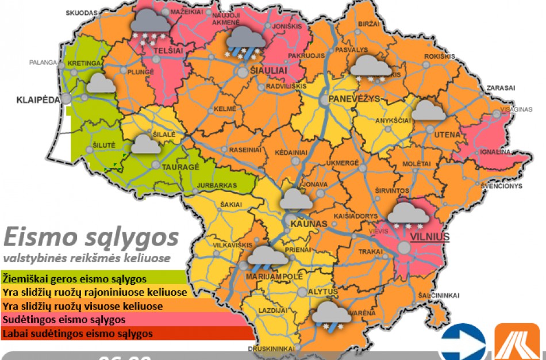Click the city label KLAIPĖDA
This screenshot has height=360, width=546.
pyautogui.click(x=39, y=99)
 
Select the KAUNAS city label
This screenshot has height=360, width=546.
pyautogui.click(x=309, y=223)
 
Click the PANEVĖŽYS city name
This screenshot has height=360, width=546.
pyautogui.click(x=354, y=99)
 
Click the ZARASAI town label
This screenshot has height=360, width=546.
pyautogui.click(x=500, y=88)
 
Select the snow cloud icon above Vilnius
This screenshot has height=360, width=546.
pyautogui.click(x=408, y=215)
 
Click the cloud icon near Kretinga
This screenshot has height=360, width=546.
pyautogui.click(x=101, y=84)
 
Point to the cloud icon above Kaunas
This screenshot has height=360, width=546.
pyautogui.click(x=296, y=199)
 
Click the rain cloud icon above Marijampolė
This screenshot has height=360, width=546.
pyautogui.click(x=267, y=256)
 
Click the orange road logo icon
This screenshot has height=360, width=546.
pyautogui.click(x=517, y=342)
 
